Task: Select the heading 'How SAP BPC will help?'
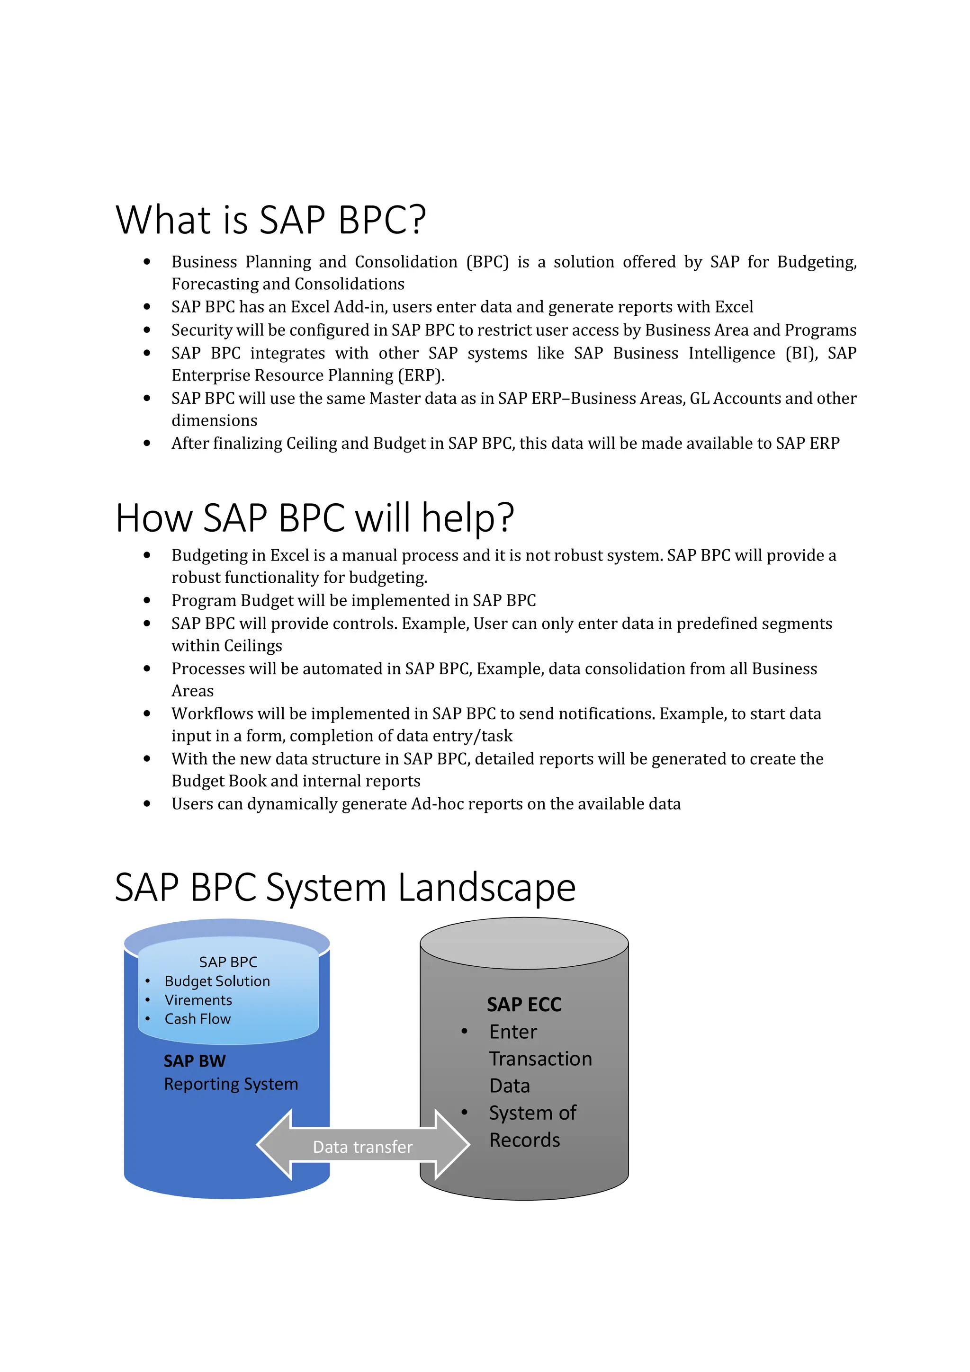pyautogui.click(x=314, y=517)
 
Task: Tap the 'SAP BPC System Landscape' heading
pyautogui.click(x=345, y=887)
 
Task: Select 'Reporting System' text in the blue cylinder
pyautogui.click(x=231, y=1084)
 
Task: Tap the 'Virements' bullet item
pyautogui.click(x=198, y=1000)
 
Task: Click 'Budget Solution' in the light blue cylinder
pyautogui.click(x=217, y=981)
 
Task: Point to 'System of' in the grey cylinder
pyautogui.click(x=532, y=1113)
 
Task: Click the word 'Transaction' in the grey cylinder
pyautogui.click(x=540, y=1059)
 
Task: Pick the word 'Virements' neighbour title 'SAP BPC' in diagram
pyautogui.click(x=228, y=962)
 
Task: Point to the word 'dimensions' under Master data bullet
pyautogui.click(x=214, y=421)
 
